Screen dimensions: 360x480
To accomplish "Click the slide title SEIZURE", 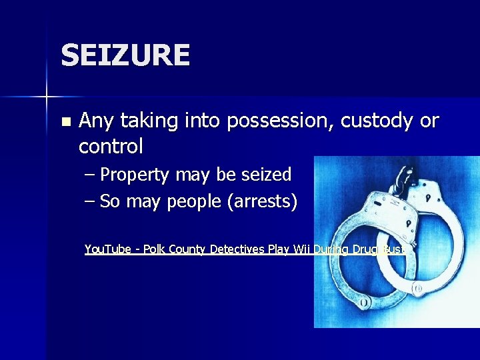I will (125, 55).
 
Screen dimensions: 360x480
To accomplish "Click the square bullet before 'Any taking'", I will (65, 122).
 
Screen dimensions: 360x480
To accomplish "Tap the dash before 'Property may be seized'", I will (90, 175).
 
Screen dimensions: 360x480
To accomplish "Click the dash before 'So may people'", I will (90, 201).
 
